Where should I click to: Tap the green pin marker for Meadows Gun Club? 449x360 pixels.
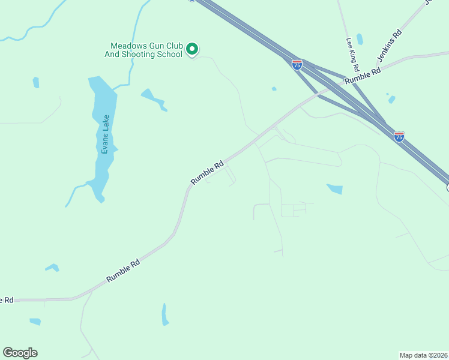(192, 49)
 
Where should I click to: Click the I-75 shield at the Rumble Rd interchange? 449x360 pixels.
(297, 64)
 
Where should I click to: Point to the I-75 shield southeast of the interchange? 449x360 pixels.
(399, 137)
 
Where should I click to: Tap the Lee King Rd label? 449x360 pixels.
(352, 53)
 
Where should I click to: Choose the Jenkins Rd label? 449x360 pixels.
(389, 46)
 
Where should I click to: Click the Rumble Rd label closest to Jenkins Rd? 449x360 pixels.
(363, 74)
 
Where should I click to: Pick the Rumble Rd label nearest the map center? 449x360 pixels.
(207, 172)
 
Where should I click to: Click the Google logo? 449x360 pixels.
(20, 353)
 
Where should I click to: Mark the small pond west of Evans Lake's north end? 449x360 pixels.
(36, 82)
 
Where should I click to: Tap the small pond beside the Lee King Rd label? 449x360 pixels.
(360, 39)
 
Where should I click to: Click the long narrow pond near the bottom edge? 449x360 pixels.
(165, 314)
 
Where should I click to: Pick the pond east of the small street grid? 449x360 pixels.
(335, 189)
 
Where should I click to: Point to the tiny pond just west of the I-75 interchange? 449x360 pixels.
(274, 89)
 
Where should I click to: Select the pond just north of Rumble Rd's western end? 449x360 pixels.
(53, 268)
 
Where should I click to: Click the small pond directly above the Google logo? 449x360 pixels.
(35, 322)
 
